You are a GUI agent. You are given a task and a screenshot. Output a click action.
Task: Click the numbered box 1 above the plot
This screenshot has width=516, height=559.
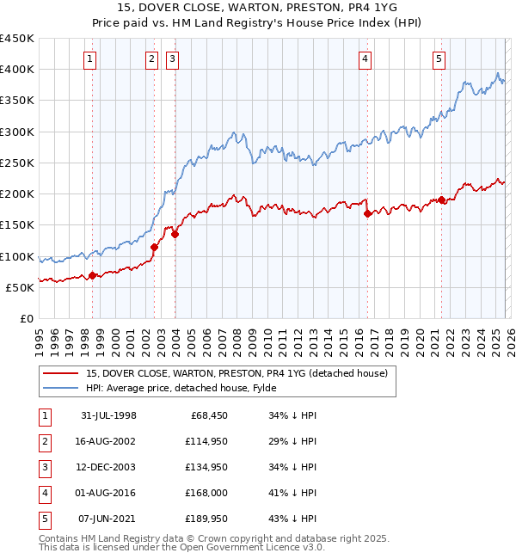[x=90, y=59]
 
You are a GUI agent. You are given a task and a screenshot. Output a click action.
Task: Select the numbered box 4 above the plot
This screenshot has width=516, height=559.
[x=365, y=59]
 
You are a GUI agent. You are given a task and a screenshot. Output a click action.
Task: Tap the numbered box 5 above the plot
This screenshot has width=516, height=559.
[x=439, y=59]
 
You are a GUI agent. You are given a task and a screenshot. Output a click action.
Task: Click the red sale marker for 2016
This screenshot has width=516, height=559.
[x=367, y=214]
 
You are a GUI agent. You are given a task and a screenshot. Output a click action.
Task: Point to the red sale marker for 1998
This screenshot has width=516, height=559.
[x=93, y=276]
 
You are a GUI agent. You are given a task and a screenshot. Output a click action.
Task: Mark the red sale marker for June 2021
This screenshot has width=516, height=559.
[x=441, y=200]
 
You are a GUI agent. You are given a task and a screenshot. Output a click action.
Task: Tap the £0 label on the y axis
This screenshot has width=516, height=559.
[x=26, y=318]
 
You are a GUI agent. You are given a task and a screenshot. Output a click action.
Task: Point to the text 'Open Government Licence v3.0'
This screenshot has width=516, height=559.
[x=255, y=547]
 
